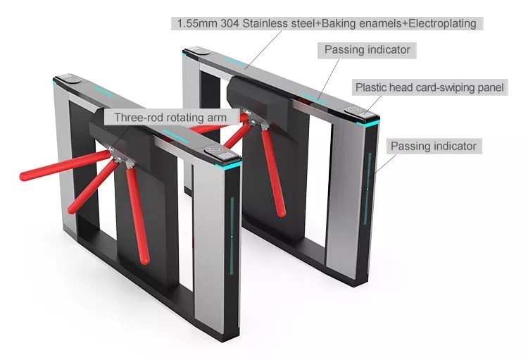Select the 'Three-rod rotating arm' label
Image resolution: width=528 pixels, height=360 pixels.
pos(170,118)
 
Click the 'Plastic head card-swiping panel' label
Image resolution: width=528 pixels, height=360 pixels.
pos(429,87)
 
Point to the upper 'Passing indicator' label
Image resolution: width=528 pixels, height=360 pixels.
pos(367,50)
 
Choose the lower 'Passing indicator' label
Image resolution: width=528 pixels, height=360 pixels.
pos(434,147)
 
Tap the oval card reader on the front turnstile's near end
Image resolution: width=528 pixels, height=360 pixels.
pos(214,149)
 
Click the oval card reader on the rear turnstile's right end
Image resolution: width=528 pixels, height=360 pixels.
pos(353,110)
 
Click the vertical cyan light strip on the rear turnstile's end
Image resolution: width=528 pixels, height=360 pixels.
pos(367,189)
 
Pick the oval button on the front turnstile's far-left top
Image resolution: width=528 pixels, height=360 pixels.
pos(74,80)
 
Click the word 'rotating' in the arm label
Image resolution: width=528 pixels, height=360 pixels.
pos(188,118)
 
